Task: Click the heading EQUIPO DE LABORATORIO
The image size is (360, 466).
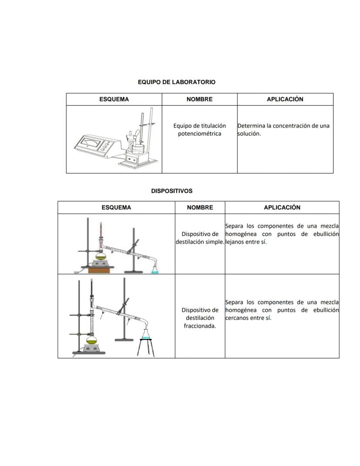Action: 177,82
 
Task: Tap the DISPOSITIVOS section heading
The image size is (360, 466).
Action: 172,191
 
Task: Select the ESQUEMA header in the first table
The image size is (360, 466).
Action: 114,99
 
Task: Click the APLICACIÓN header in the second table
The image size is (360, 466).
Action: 282,208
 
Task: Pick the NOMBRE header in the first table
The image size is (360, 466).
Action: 200,99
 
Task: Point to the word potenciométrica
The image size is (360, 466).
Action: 200,134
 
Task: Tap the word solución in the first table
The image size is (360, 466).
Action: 249,134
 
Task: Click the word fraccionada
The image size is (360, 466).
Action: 200,326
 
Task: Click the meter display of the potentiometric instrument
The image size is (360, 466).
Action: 89,141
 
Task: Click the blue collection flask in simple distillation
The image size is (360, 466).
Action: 155,269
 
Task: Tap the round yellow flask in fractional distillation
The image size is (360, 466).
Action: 92,339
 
